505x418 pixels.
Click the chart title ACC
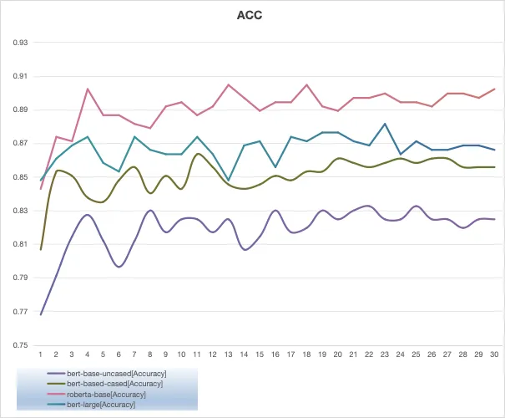(x=250, y=15)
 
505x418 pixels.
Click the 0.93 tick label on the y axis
(x=20, y=43)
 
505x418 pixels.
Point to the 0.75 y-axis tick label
(x=20, y=345)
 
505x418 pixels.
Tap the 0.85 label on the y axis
(x=20, y=177)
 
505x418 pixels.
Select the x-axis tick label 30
(x=494, y=354)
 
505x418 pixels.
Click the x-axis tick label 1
(x=41, y=354)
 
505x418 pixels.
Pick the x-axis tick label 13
(x=228, y=354)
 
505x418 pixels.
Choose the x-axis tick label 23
(x=385, y=354)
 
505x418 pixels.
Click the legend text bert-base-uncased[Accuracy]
(x=117, y=374)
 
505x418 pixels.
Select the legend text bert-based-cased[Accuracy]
(x=114, y=384)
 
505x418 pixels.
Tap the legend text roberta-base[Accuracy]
(x=106, y=395)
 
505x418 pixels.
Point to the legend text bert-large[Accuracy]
(x=101, y=405)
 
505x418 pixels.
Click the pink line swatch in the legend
(x=57, y=394)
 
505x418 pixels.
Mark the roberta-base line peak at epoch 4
(x=88, y=89)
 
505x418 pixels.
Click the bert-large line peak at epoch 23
(x=385, y=124)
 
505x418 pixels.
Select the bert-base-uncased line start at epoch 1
(x=41, y=314)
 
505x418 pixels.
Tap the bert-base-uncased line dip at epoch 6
(x=119, y=267)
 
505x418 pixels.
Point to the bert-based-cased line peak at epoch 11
(x=198, y=154)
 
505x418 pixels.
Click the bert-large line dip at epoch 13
(x=229, y=180)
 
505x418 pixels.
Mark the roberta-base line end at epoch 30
(x=494, y=89)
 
